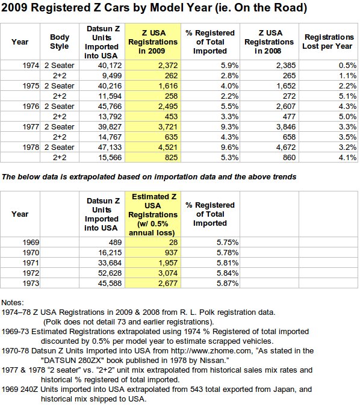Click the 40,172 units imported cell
110,66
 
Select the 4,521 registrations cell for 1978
167,147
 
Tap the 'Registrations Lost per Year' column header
328,42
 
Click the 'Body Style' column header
60,42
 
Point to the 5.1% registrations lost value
347,96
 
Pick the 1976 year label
31,107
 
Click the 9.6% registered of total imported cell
229,147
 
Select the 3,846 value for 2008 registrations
286,127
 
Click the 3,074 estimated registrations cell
167,273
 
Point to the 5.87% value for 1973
228,284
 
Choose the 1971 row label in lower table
31,263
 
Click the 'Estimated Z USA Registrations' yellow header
153,214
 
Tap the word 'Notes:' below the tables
13,302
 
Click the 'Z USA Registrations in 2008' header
269,42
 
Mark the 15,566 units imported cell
110,158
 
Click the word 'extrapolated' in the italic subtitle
93,177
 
